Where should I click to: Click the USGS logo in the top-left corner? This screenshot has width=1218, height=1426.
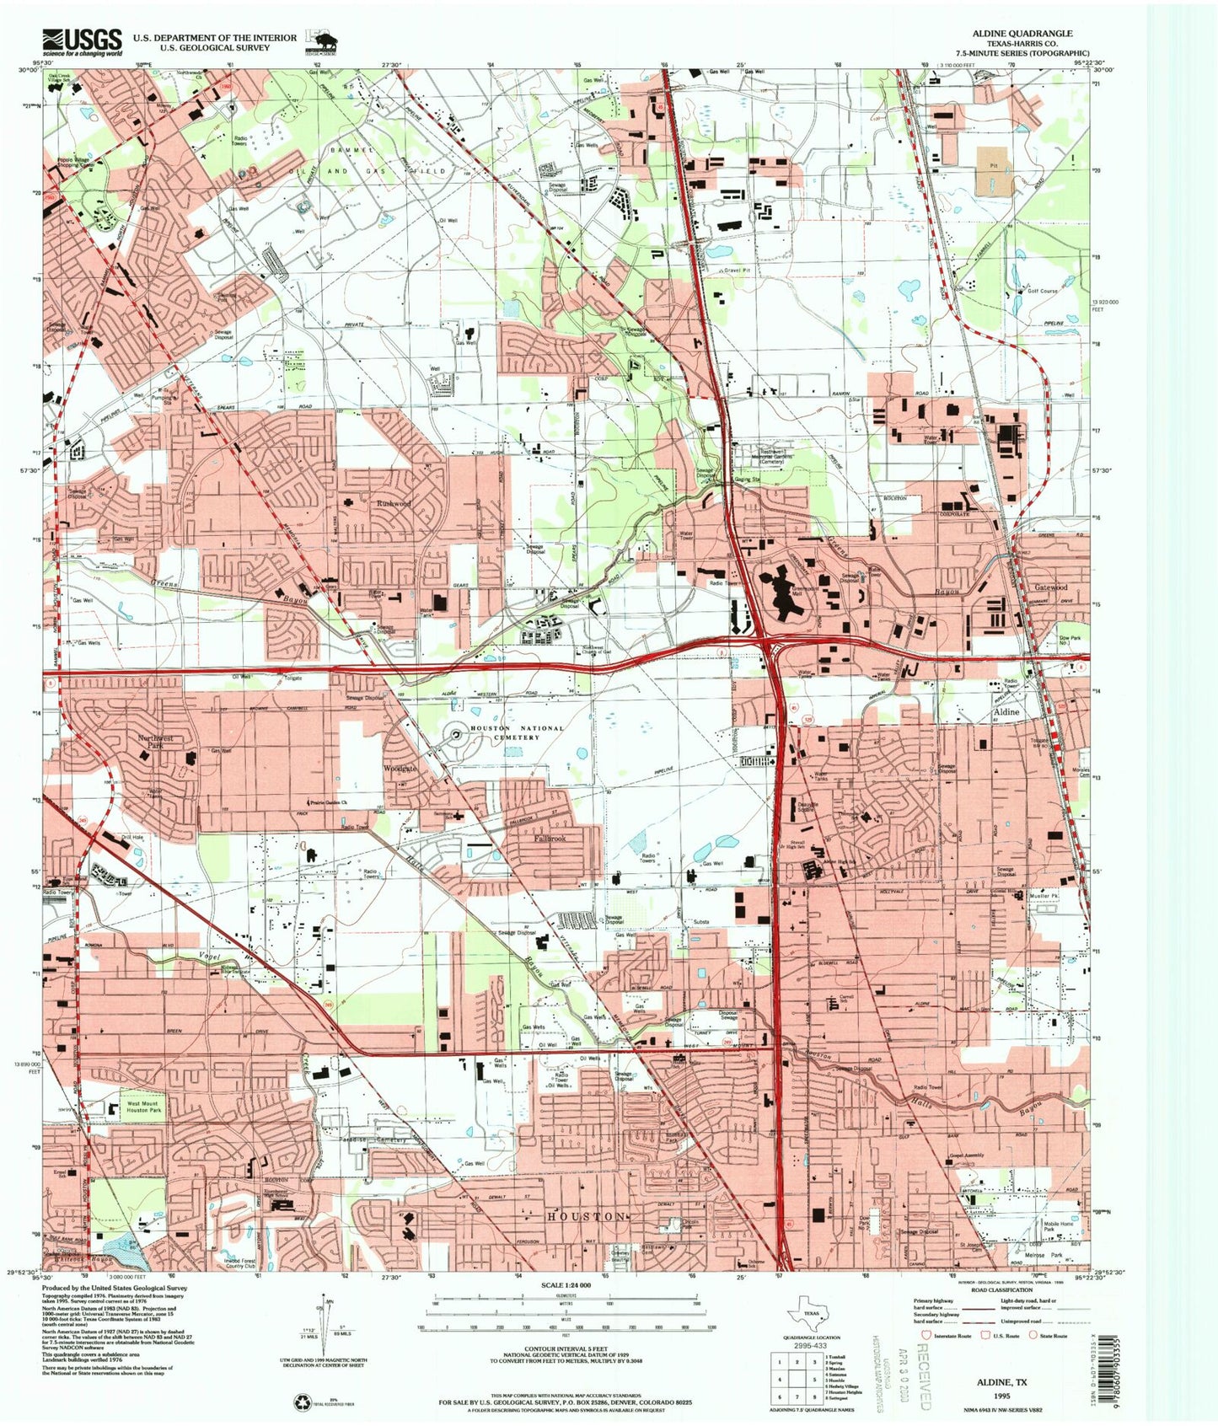(82, 41)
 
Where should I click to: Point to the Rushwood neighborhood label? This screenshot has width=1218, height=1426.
(394, 503)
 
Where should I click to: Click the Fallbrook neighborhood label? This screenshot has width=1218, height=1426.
(550, 839)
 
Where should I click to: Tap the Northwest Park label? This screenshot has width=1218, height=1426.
(156, 742)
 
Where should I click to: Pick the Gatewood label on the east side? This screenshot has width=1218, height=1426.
(1051, 587)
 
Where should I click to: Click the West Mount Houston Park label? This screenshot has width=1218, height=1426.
(143, 1107)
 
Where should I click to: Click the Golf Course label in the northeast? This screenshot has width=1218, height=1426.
(1043, 292)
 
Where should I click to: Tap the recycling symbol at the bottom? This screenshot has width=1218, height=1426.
(302, 1402)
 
